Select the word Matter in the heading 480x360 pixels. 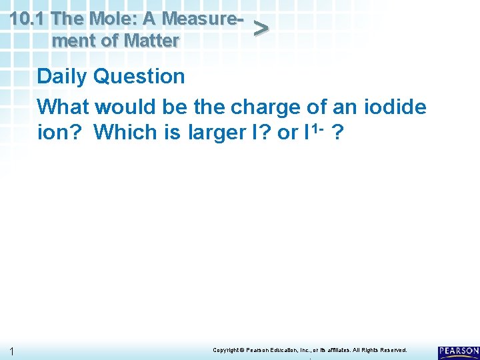click(149, 41)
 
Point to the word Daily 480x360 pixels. click(63, 77)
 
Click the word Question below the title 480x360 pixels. click(139, 77)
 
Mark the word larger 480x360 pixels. click(217, 133)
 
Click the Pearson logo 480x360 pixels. click(458, 352)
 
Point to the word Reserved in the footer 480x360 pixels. click(391, 350)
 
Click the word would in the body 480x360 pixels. click(129, 106)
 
